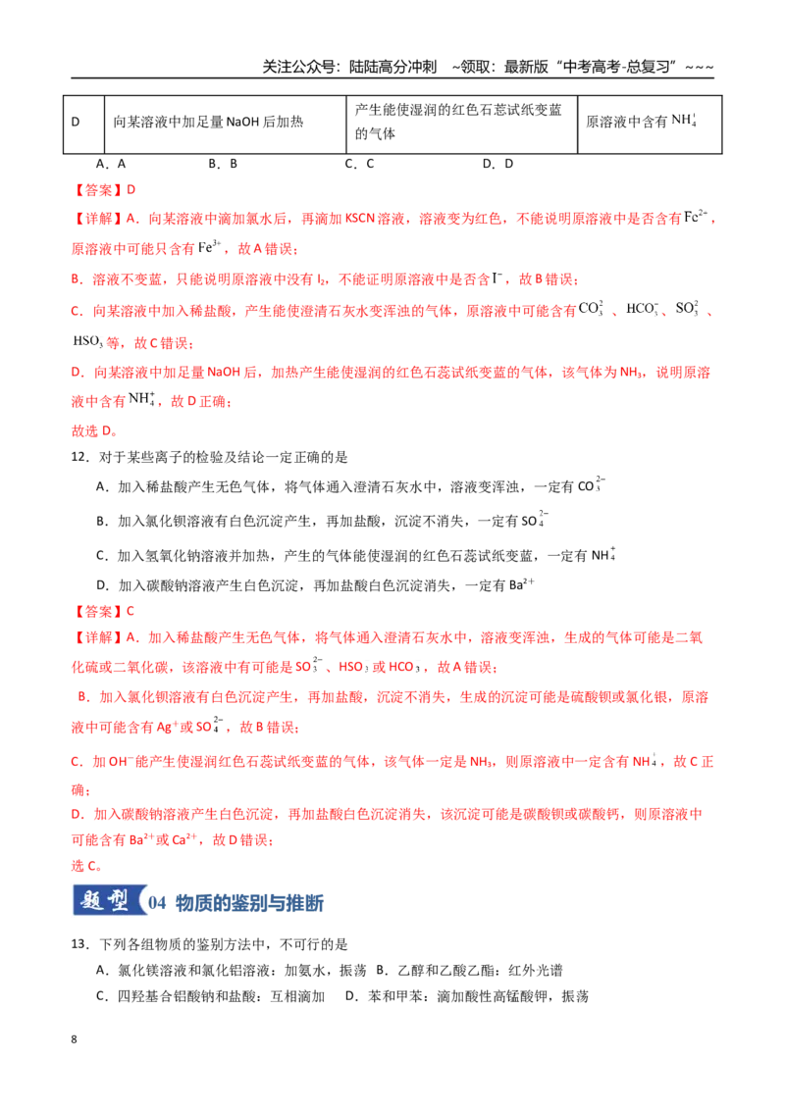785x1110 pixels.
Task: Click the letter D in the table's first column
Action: point(76,122)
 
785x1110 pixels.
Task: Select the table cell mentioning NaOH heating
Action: point(226,125)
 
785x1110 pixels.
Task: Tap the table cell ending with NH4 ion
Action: point(650,125)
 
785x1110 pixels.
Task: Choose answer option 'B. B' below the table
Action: point(223,164)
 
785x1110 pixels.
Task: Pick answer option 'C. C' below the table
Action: point(359,164)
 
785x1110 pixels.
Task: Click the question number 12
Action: point(79,457)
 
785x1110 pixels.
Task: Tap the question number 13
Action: point(79,944)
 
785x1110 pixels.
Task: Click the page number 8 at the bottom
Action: point(74,1039)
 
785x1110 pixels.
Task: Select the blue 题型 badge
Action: point(108,900)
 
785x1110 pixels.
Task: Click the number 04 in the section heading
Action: point(157,903)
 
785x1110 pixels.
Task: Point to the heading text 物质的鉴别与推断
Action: point(249,903)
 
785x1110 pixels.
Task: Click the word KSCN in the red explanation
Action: point(360,219)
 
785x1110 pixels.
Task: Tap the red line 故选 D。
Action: point(94,430)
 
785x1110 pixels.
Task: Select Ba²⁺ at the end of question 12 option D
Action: point(521,584)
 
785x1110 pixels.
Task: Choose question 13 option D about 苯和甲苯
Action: point(467,996)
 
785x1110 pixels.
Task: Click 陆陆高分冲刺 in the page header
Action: point(392,68)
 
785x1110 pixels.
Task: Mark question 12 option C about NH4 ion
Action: point(355,555)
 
